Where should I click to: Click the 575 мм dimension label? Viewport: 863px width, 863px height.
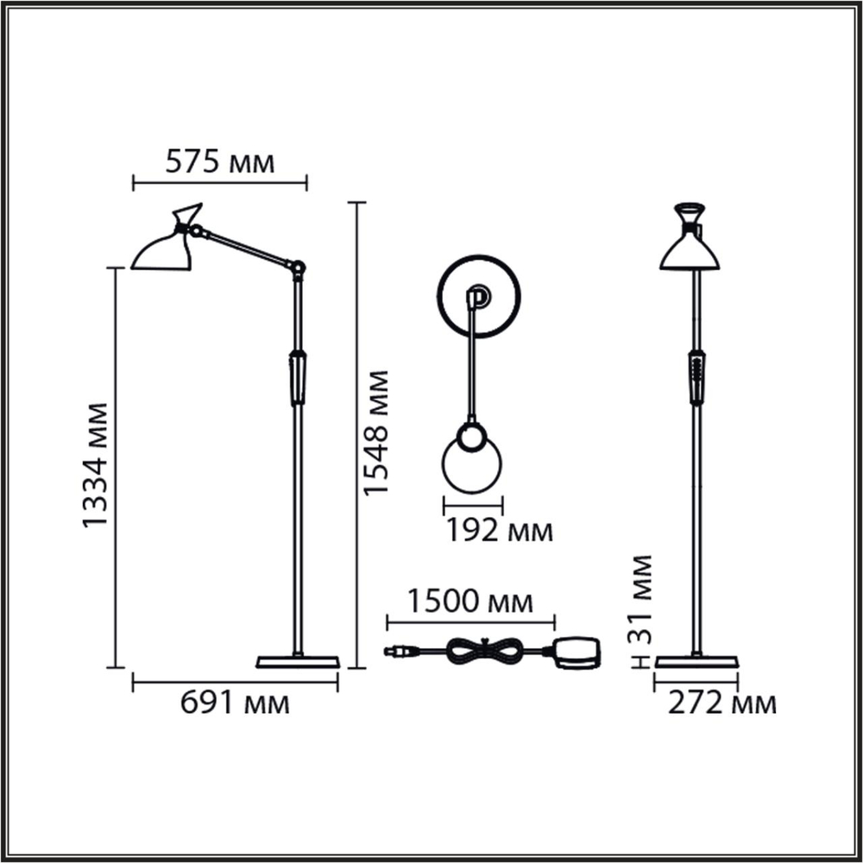(x=219, y=161)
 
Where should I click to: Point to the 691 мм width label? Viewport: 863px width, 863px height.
(x=235, y=703)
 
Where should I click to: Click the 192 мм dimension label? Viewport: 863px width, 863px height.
(x=499, y=531)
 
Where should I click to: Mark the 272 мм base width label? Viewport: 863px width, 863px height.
(x=722, y=703)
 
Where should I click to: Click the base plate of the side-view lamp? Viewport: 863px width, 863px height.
(x=298, y=662)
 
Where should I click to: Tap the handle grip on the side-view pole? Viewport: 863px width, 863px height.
(x=298, y=377)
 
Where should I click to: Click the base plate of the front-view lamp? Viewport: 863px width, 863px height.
(x=696, y=662)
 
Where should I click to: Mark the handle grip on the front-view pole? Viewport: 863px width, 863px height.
(x=696, y=377)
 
